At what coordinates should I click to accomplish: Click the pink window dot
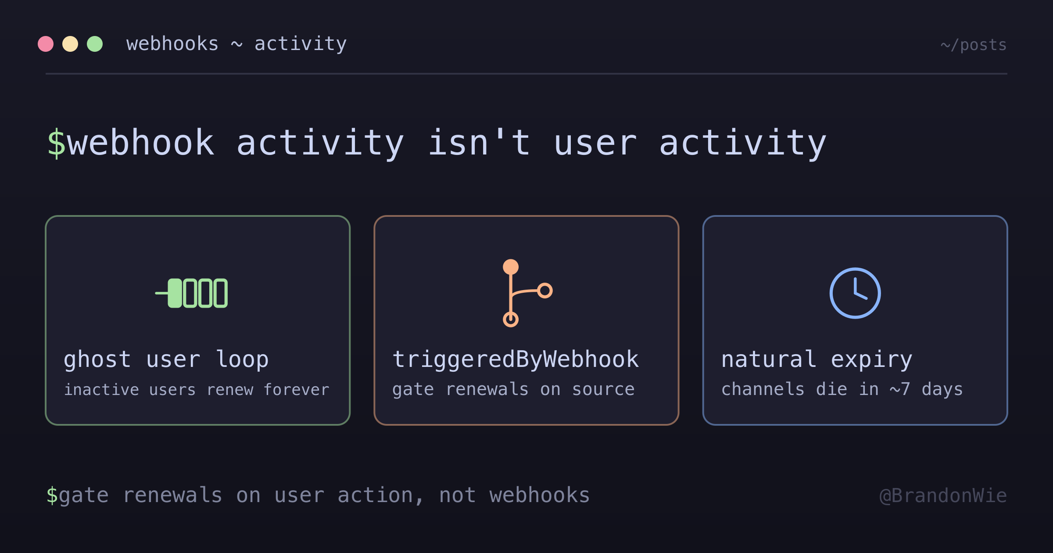pyautogui.click(x=46, y=44)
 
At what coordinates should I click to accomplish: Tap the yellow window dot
pyautogui.click(x=70, y=44)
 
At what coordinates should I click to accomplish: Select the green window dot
pyautogui.click(x=95, y=44)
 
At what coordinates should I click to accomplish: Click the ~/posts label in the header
pyautogui.click(x=974, y=45)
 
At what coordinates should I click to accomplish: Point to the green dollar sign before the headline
pyautogui.click(x=57, y=143)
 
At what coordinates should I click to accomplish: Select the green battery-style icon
pyautogui.click(x=192, y=293)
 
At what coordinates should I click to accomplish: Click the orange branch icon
pyautogui.click(x=527, y=293)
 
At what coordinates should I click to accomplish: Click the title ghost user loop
pyautogui.click(x=166, y=360)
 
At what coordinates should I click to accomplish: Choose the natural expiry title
pyautogui.click(x=817, y=360)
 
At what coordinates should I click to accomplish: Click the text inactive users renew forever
pyautogui.click(x=197, y=390)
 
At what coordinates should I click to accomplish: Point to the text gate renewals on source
pyautogui.click(x=513, y=390)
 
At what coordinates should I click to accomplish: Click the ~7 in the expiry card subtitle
pyautogui.click(x=900, y=389)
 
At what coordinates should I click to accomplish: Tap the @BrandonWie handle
pyautogui.click(x=943, y=496)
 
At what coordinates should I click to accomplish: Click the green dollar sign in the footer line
pyautogui.click(x=52, y=495)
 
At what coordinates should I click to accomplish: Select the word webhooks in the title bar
pyautogui.click(x=172, y=44)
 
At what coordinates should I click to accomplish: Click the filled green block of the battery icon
pyautogui.click(x=175, y=293)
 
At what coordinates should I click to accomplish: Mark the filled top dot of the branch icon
pyautogui.click(x=511, y=267)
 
